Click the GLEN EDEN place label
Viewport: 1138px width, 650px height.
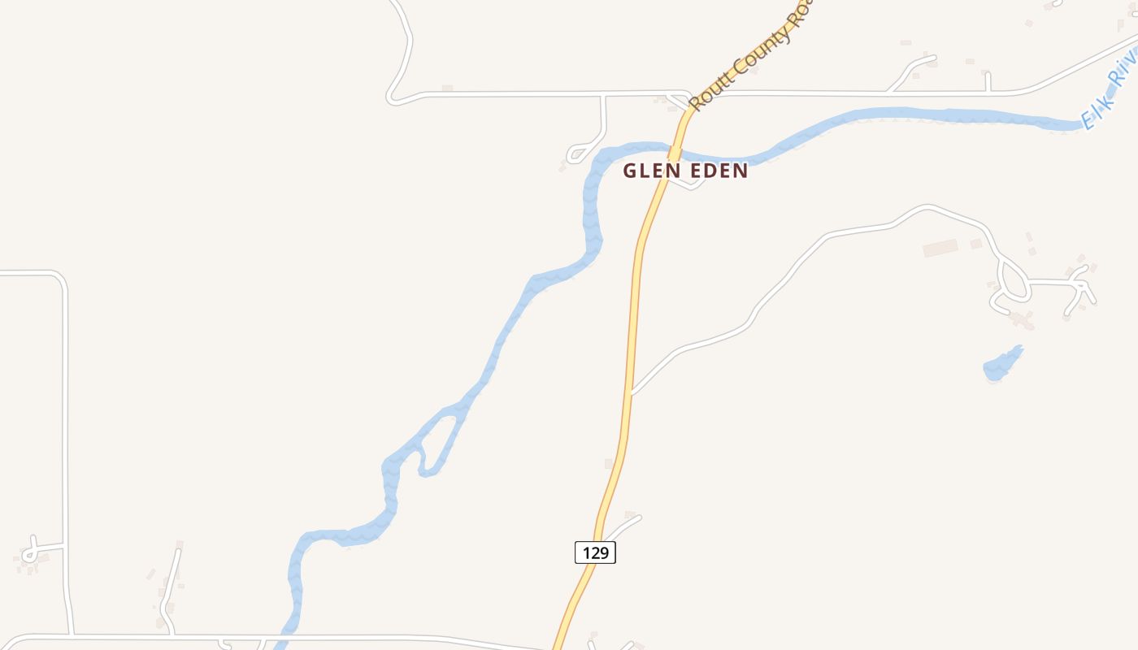[684, 171]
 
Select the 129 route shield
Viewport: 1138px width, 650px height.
[595, 552]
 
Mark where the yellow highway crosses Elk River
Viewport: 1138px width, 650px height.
[674, 152]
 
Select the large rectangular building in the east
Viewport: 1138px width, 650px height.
[940, 248]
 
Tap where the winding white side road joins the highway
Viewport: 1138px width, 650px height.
[633, 392]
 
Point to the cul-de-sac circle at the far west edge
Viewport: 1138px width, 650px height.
[29, 555]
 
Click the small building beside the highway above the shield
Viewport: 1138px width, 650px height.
[608, 464]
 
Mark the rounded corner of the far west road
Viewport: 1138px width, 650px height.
[59, 279]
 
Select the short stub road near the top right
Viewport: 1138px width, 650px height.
[987, 81]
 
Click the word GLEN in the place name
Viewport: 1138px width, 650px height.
[648, 171]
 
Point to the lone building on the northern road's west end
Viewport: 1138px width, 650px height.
[446, 88]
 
